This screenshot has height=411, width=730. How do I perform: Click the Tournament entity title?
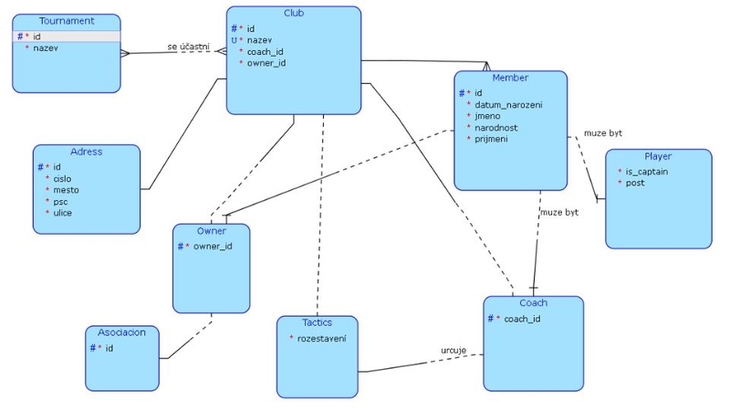66,21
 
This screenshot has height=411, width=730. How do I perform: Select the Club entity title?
294,14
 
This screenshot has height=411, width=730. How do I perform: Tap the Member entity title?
510,78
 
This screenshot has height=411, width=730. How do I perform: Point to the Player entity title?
658,156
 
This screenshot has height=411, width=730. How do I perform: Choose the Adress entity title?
86,152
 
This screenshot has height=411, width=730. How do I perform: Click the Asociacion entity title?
121,332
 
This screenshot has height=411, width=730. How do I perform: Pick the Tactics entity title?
317,322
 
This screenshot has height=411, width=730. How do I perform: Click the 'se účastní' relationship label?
189,47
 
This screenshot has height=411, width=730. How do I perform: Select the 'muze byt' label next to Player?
603,133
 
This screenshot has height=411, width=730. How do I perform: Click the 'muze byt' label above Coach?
559,212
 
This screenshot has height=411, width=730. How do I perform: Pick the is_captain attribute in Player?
646,172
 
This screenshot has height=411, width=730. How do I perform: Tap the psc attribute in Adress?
60,201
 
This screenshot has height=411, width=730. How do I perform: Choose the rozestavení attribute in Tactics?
327,339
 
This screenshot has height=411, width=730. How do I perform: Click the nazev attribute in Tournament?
46,47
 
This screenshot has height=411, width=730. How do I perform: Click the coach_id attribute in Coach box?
522,319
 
